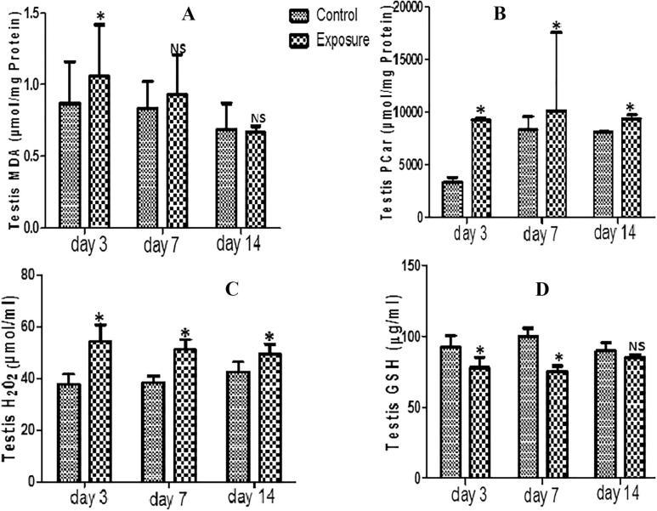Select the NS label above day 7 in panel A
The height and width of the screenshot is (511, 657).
pos(177,49)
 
